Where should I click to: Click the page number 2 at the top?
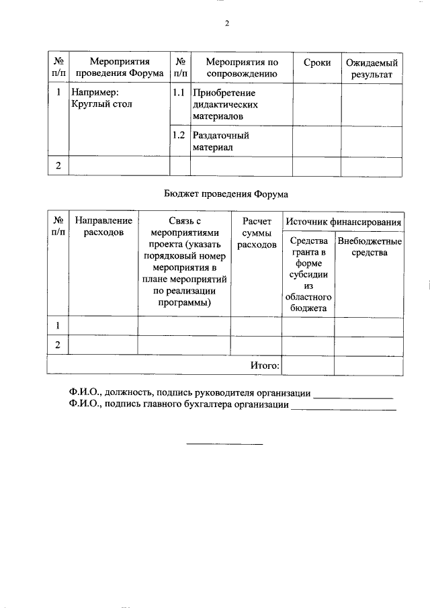tap(226, 25)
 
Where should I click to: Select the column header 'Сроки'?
tap(316, 62)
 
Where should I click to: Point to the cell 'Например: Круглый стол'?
tap(102, 98)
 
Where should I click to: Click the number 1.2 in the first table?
tap(179, 135)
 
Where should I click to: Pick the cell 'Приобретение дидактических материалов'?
tap(224, 104)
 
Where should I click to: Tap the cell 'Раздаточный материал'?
tap(221, 140)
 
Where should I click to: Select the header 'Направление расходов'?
tap(103, 226)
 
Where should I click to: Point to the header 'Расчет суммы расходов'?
tap(257, 232)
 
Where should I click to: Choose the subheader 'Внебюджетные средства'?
tap(370, 247)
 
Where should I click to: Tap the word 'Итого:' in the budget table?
tap(264, 365)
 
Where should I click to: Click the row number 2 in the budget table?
tap(58, 345)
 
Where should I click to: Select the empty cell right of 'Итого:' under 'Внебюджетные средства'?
tap(369, 365)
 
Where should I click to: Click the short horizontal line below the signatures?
tap(224, 444)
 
